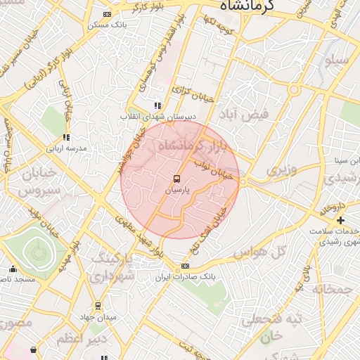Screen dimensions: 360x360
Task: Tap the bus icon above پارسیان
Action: pyautogui.click(x=176, y=179)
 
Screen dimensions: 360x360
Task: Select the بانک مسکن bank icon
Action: pyautogui.click(x=107, y=14)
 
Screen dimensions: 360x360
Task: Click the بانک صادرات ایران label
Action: pyautogui.click(x=185, y=277)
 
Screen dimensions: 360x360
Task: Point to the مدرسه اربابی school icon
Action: pyautogui.click(x=66, y=137)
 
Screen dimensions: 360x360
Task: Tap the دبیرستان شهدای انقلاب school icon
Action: pyautogui.click(x=157, y=105)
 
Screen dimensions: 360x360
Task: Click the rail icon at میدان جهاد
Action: pyautogui.click(x=98, y=306)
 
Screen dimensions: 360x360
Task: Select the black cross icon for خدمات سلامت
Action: pyautogui.click(x=341, y=221)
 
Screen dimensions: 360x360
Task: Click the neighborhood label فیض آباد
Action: pyautogui.click(x=254, y=113)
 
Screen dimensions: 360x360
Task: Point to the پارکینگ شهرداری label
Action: pyautogui.click(x=112, y=264)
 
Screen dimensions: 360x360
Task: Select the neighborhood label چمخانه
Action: pyautogui.click(x=332, y=288)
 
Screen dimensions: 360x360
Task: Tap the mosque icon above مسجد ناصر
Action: pyautogui.click(x=13, y=269)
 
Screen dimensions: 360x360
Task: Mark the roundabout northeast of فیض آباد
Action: pyautogui.click(x=295, y=90)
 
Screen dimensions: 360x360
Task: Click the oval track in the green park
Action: pyautogui.click(x=35, y=251)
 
